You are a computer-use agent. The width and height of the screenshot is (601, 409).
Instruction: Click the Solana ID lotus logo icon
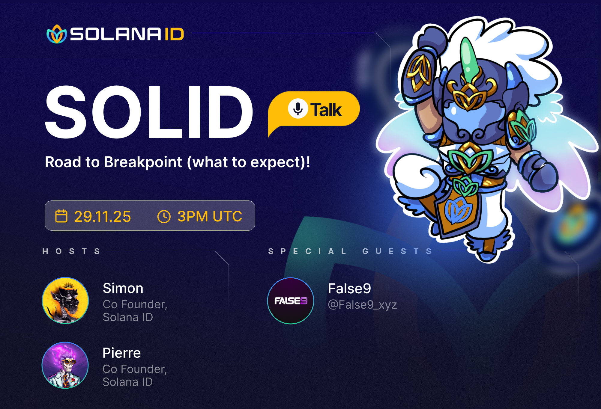tap(57, 34)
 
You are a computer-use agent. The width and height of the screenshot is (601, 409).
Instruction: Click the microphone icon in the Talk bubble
tap(298, 108)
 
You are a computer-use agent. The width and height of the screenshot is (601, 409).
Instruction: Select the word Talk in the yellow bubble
tap(326, 110)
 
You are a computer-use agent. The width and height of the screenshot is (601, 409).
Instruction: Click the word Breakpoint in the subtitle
tap(143, 162)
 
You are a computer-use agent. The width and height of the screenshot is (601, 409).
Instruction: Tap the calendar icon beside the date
tap(61, 216)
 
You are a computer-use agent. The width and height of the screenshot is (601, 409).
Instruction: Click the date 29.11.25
tap(102, 216)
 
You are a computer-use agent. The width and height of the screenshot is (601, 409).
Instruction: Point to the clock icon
tap(164, 216)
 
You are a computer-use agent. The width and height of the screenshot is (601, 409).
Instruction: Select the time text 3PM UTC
tap(210, 216)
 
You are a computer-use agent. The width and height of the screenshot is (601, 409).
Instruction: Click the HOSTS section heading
tap(71, 251)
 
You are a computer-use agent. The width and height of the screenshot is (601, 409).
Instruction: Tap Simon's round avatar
tap(65, 301)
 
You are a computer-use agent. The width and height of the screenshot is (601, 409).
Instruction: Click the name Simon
tap(123, 288)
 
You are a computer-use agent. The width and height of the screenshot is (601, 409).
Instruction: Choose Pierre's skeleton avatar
tap(65, 365)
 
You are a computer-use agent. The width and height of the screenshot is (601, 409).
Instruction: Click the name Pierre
tap(121, 353)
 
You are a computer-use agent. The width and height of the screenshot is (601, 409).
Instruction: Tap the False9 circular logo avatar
tap(291, 301)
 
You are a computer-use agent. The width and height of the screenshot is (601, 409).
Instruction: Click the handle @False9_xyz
tap(362, 305)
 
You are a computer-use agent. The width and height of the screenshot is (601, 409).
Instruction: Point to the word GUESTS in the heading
tap(397, 251)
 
